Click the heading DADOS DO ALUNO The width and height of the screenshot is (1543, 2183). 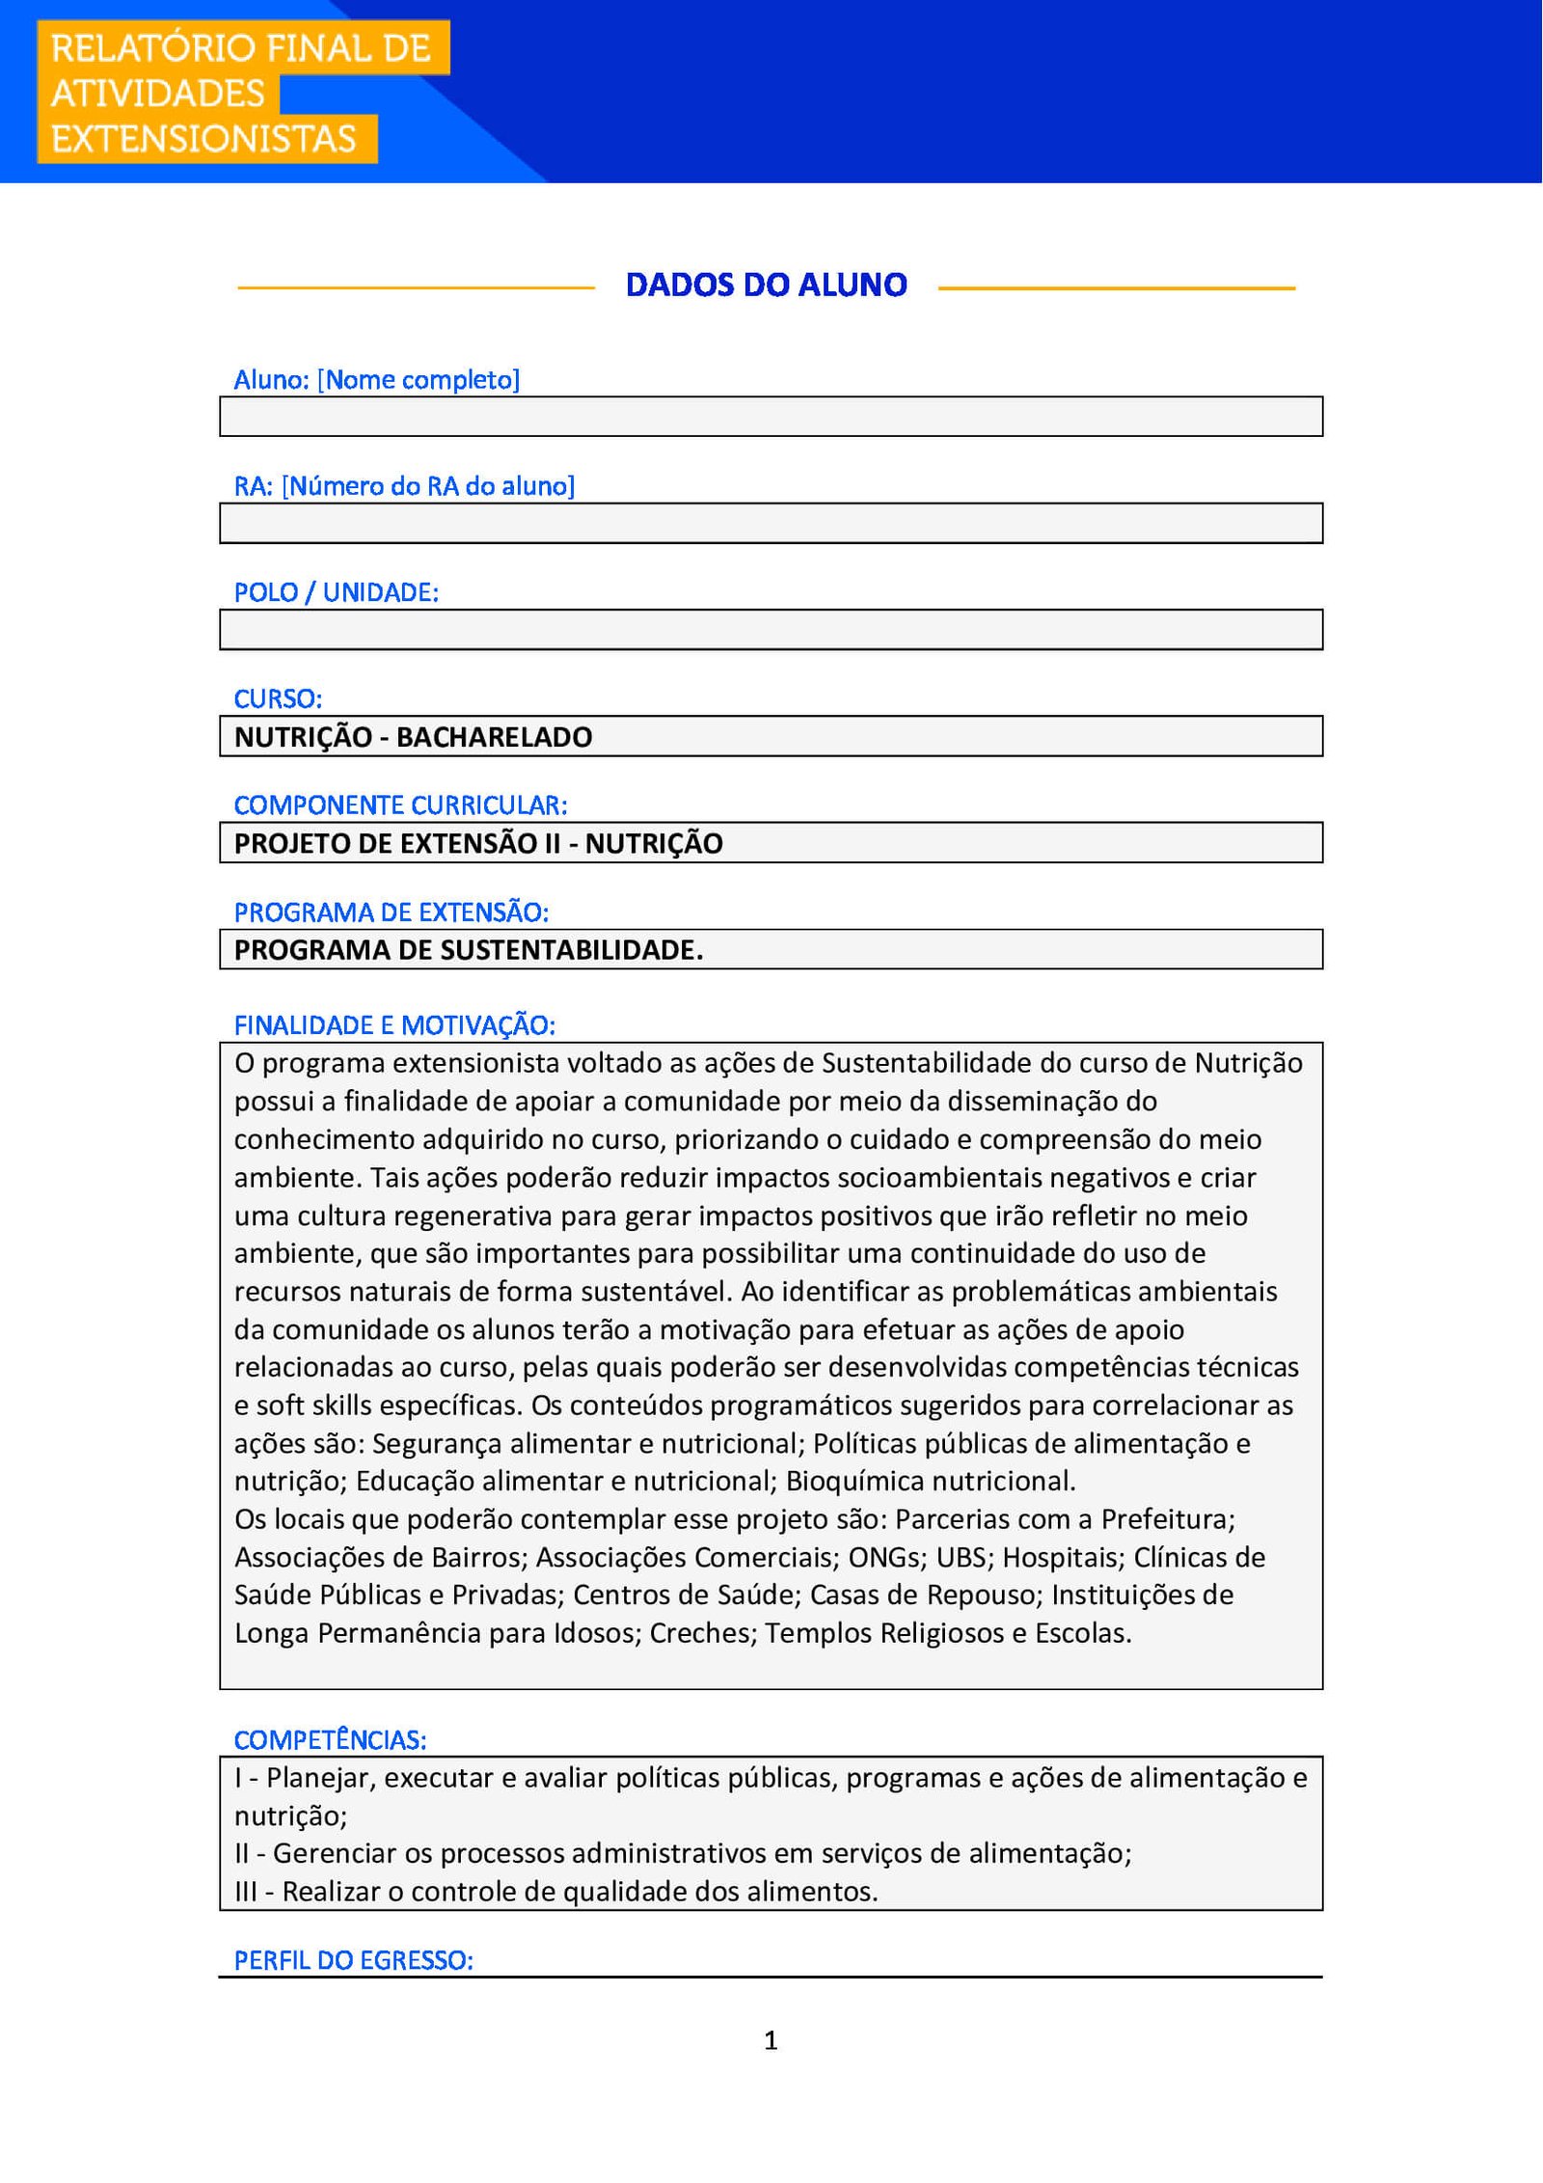point(766,286)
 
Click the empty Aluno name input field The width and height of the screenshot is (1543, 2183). point(771,417)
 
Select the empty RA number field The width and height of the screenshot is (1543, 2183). point(771,524)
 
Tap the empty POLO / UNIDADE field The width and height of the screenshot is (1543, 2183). point(771,630)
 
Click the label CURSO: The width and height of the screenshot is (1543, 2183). point(278,699)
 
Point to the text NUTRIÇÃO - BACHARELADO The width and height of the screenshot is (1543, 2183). point(413,738)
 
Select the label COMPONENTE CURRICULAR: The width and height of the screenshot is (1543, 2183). point(400,805)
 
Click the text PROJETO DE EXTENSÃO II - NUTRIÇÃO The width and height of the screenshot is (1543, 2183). point(478,844)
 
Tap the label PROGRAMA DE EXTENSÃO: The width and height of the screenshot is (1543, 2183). point(391,913)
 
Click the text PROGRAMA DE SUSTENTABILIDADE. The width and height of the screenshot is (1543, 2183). point(469,951)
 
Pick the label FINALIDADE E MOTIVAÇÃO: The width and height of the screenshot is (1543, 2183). point(394,1026)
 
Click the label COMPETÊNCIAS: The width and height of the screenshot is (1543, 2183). point(330,1741)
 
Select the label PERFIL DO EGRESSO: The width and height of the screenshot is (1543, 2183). point(353,1961)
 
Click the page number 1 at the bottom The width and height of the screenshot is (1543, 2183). point(771,2040)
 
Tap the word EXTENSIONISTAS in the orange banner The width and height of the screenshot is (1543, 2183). point(203,140)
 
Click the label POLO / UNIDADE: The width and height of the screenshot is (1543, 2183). point(336,593)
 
